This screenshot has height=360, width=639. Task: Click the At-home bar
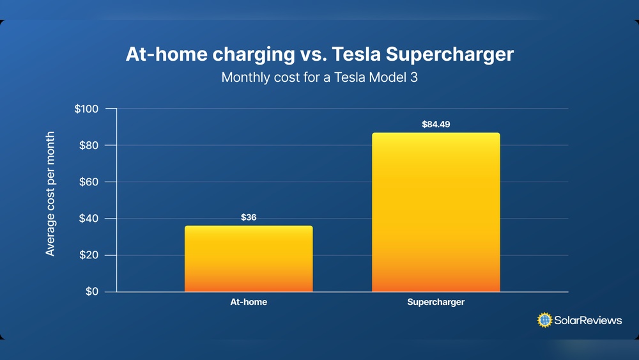249,259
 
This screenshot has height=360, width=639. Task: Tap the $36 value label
249,217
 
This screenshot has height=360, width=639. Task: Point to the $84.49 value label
436,124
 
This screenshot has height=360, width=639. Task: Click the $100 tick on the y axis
86,109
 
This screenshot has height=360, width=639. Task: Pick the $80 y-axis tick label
88,145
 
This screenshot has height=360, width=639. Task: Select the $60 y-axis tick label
88,182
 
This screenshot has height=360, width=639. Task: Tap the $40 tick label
88,219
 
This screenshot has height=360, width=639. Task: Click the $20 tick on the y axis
88,255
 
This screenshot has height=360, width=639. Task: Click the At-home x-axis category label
249,302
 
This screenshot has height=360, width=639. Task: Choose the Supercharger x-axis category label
436,302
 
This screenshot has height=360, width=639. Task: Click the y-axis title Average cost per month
50,194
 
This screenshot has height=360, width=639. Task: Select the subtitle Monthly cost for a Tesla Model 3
319,77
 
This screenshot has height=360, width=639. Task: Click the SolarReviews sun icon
544,320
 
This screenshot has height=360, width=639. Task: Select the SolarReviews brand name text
588,320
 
